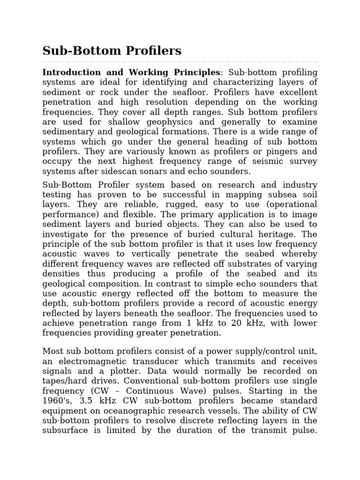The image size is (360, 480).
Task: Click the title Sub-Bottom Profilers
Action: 112,51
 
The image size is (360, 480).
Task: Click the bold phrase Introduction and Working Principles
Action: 131,73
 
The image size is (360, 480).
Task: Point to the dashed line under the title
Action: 180,62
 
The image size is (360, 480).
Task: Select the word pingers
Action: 290,151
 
